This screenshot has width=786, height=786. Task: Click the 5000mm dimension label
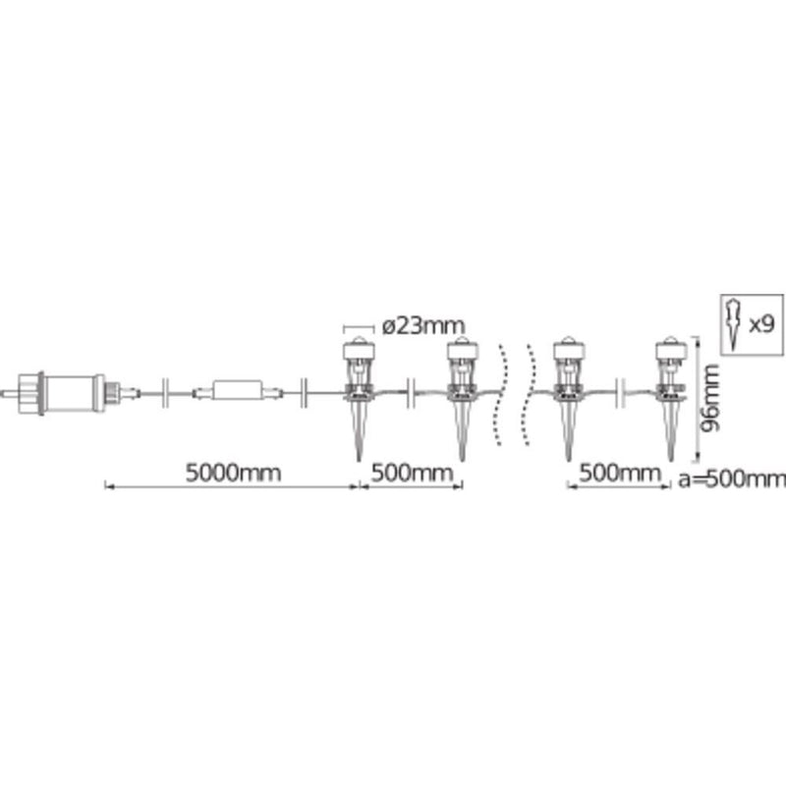[233, 474]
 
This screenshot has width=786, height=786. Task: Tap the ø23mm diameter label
[423, 326]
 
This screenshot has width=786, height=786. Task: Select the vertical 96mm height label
[709, 399]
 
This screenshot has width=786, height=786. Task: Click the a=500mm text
[732, 479]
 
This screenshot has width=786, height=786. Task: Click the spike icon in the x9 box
[734, 325]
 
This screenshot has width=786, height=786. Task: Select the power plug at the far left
[54, 393]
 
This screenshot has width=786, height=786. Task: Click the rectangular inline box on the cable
[237, 390]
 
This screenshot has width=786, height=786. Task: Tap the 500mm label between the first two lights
[412, 474]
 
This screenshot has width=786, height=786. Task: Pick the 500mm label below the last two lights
[620, 474]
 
